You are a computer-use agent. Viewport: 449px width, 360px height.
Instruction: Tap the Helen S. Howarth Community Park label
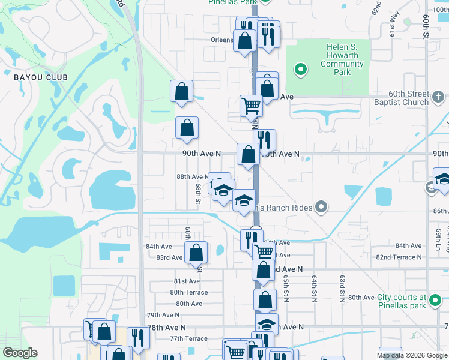click(x=342, y=59)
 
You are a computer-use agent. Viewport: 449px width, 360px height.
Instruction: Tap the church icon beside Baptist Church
click(x=438, y=96)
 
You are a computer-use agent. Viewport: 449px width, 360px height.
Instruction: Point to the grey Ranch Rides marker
click(x=321, y=208)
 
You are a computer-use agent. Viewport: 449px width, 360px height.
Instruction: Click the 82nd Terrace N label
click(x=399, y=257)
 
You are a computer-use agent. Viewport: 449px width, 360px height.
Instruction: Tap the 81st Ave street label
click(x=187, y=281)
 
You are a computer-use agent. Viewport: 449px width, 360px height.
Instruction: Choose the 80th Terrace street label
click(x=188, y=292)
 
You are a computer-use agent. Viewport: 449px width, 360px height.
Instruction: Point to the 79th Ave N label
click(x=163, y=315)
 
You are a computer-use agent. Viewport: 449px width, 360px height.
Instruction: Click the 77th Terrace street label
click(x=188, y=338)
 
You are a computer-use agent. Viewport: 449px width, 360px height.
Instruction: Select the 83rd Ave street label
click(x=169, y=257)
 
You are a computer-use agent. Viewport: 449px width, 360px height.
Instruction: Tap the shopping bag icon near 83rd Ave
click(x=196, y=253)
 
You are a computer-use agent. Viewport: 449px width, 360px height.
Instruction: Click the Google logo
click(x=20, y=353)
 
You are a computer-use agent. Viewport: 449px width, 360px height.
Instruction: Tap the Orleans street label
click(x=221, y=40)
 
